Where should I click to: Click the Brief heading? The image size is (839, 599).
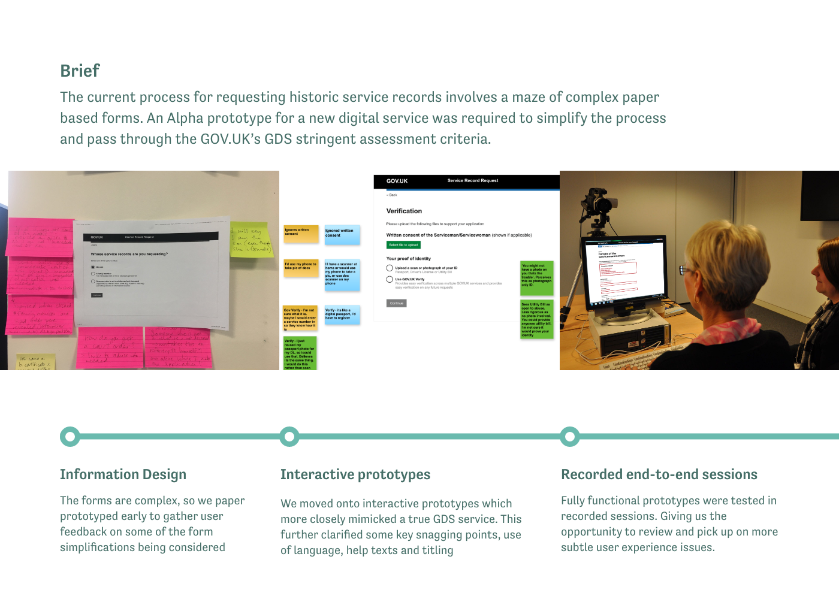[80, 71]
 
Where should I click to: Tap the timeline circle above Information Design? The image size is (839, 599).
[70, 437]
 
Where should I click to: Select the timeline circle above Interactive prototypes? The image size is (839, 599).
[289, 437]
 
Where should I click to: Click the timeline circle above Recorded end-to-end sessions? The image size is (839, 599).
[570, 437]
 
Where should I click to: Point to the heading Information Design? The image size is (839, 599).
[123, 474]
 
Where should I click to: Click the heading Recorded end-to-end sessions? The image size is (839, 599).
[659, 474]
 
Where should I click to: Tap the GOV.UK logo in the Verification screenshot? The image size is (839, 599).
[397, 181]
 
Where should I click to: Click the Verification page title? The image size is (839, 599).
[404, 211]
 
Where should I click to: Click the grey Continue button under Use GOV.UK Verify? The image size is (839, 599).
[397, 303]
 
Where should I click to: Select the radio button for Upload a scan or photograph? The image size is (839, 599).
[390, 268]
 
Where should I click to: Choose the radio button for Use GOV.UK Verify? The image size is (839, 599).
[390, 279]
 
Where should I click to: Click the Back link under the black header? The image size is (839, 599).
[392, 195]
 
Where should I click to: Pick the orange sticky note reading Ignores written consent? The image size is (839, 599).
[301, 234]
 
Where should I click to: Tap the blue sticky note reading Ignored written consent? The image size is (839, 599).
[342, 235]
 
